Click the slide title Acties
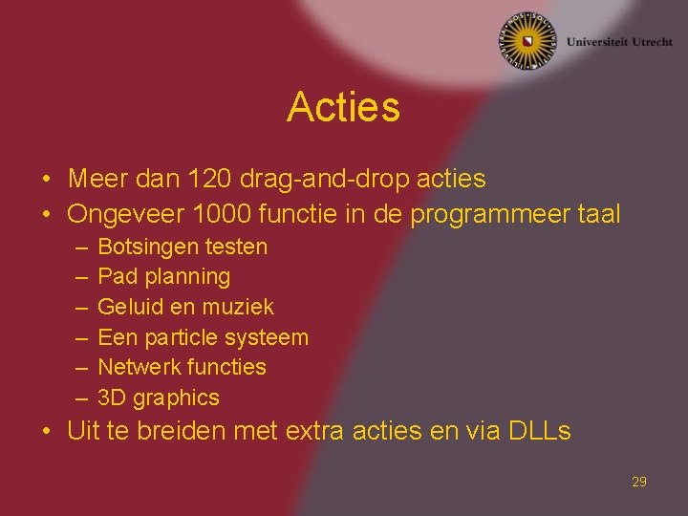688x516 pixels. [343, 107]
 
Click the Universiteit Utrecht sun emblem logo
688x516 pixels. [527, 41]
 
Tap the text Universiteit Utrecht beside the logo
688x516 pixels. [618, 42]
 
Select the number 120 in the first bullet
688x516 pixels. [207, 179]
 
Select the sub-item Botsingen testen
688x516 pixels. [183, 247]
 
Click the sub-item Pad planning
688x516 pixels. [164, 277]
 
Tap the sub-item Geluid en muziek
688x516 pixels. [185, 307]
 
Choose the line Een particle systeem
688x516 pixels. [203, 337]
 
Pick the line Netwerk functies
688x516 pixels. [182, 367]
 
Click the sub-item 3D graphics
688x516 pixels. [159, 398]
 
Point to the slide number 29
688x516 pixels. [638, 482]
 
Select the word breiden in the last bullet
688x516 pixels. [173, 431]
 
